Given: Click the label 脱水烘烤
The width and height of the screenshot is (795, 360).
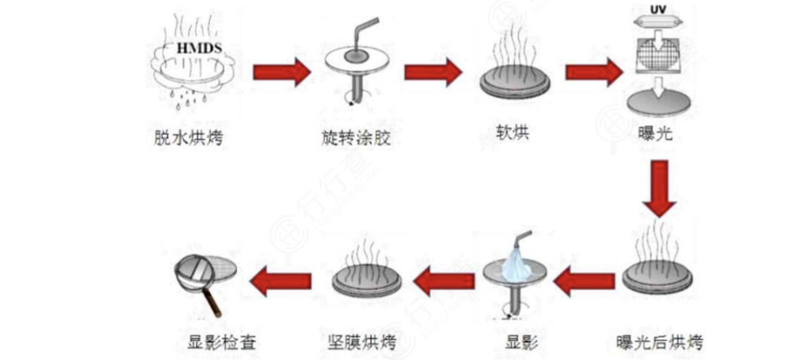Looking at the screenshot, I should pos(183,138).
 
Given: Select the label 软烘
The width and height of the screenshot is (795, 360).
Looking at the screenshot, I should pos(512,132).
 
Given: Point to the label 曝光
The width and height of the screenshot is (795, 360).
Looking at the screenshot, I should pos(655,135).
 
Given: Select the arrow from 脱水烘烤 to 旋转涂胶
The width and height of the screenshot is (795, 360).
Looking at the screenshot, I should pos(280,71).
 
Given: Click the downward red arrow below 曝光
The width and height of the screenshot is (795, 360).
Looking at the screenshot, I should pos(659,190).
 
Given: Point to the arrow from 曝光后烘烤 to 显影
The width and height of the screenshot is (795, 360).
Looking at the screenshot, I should pos(584,281).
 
